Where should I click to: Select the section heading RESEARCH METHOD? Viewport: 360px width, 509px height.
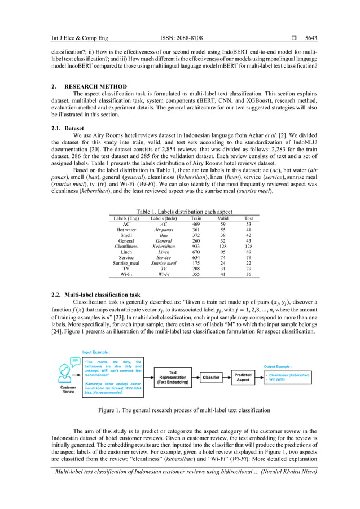[x=100, y=86]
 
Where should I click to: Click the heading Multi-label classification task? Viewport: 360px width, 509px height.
[x=102, y=295]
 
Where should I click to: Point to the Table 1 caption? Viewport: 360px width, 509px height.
[x=179, y=211]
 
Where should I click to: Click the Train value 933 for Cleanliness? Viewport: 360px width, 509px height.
[x=196, y=247]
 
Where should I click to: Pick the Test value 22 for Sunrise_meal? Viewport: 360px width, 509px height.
[x=248, y=262]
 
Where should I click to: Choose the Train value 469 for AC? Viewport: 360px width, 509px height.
[x=196, y=223]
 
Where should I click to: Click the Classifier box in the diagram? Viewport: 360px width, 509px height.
[x=212, y=378]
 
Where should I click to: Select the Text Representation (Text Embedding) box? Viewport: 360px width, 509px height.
[x=173, y=378]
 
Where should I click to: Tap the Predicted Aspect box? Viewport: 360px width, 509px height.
[x=243, y=378]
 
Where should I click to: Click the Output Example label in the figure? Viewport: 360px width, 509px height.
[x=282, y=366]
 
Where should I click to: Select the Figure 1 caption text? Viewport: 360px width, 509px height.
[x=179, y=410]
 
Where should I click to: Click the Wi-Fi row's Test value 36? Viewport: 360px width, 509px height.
[x=248, y=274]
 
